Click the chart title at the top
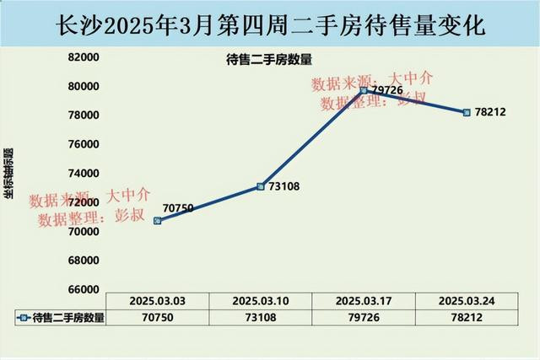pyautogui.click(x=270, y=24)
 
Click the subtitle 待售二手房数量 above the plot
pyautogui.click(x=269, y=60)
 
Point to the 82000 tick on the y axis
pyautogui.click(x=84, y=57)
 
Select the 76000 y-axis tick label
pyautogui.click(x=84, y=144)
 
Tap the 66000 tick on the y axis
pyautogui.click(x=84, y=289)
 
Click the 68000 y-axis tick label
pyautogui.click(x=84, y=261)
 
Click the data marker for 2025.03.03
pyautogui.click(x=158, y=220)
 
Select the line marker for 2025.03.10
pyautogui.click(x=261, y=186)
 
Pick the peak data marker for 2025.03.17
pyautogui.click(x=364, y=90)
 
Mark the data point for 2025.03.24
pyautogui.click(x=467, y=112)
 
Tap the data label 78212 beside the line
pyautogui.click(x=490, y=112)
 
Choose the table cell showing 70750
pyautogui.click(x=158, y=317)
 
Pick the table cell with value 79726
pyautogui.click(x=364, y=317)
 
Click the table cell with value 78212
pyautogui.click(x=467, y=317)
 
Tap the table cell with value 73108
pyautogui.click(x=261, y=317)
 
